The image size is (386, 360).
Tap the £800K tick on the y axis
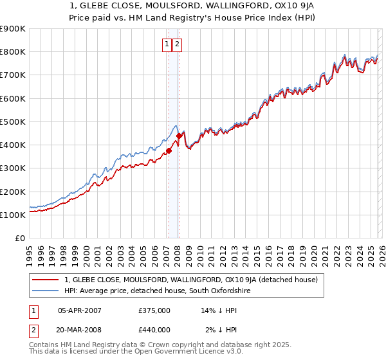point(13,51)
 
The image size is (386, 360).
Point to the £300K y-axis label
point(13,168)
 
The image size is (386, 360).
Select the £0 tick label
point(19,239)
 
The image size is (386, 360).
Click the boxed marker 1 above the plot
point(167,44)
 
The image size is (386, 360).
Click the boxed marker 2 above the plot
point(178,44)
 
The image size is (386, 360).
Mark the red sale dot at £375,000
point(169,151)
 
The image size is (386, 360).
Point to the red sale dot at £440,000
point(179,136)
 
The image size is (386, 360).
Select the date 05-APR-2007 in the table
point(80,310)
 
